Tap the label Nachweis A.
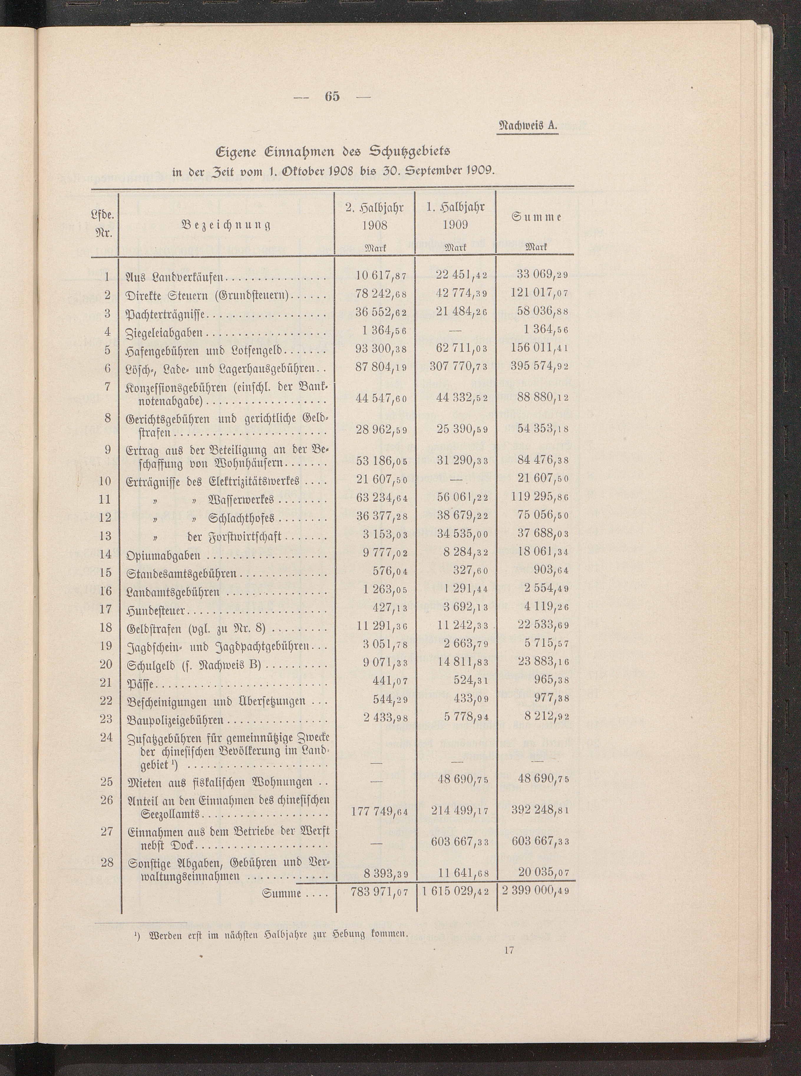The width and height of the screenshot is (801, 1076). pyautogui.click(x=529, y=125)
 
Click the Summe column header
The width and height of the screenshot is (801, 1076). pyautogui.click(x=536, y=217)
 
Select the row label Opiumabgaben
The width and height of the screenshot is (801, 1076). pyautogui.click(x=163, y=555)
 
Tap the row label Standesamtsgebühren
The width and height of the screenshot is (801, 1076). pyautogui.click(x=181, y=573)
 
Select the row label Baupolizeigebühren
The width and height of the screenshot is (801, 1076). pyautogui.click(x=175, y=720)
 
